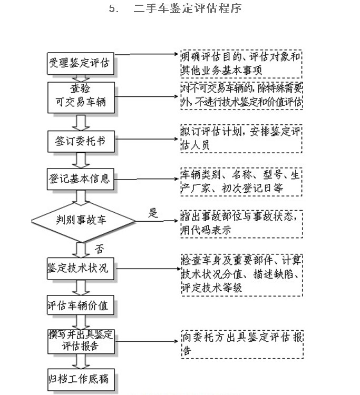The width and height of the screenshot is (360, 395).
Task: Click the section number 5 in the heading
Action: (112, 9)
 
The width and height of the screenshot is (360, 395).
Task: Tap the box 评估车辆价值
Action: (80, 305)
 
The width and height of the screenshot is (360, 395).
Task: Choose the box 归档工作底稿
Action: (80, 378)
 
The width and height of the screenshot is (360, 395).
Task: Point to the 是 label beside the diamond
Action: (153, 213)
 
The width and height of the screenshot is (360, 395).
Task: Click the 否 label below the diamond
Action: (99, 247)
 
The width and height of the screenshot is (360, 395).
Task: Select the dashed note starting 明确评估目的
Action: (240, 63)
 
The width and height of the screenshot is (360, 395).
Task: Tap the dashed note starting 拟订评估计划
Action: (240, 139)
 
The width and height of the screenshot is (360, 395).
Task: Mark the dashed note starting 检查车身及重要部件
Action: (240, 274)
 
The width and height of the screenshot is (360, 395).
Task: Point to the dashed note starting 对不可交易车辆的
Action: (240, 96)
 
